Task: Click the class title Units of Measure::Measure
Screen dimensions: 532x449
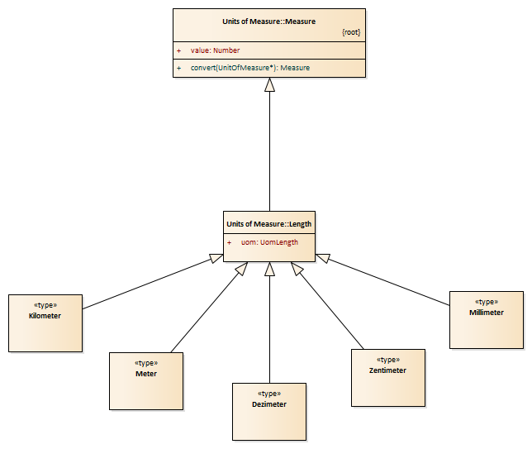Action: coord(268,21)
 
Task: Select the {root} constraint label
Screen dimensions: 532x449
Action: coord(351,32)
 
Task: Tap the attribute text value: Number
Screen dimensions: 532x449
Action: coord(215,50)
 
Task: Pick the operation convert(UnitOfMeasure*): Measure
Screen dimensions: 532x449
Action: coord(250,68)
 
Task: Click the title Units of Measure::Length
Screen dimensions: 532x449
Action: coord(268,224)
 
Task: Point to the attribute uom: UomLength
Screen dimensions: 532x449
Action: coord(269,242)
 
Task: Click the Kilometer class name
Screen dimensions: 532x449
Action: coord(45,316)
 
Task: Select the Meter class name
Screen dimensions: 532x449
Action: coord(146,374)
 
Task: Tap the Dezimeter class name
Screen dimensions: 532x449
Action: coord(269,404)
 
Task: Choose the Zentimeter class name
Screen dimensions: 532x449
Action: coord(387,370)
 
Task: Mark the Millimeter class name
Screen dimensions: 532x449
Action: coord(487,313)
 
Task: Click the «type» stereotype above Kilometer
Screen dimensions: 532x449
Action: coord(45,305)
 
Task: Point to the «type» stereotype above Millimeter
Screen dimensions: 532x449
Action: coord(487,302)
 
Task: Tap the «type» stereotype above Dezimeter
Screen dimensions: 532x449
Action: coord(269,394)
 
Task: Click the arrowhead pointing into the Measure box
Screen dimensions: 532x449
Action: coord(270,84)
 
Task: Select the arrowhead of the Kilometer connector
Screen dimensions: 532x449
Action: coord(216,258)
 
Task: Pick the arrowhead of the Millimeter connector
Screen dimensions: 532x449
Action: coord(323,258)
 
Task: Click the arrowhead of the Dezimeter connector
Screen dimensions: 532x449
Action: coord(270,269)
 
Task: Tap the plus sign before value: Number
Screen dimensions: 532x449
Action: coord(178,50)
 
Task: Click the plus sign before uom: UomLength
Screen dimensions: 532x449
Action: coord(230,242)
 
